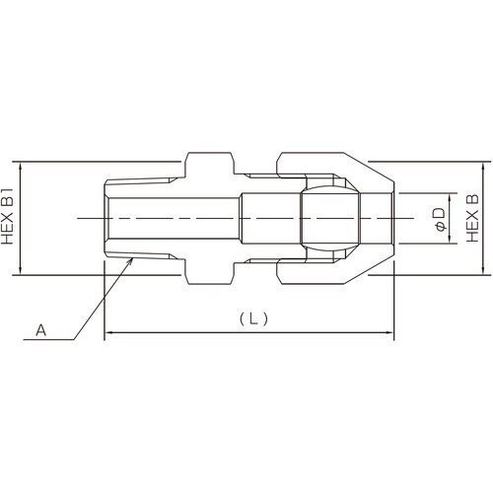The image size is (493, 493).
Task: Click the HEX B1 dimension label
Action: (7, 216)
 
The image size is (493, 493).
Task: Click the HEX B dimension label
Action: (472, 218)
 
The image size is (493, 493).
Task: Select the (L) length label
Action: (253, 318)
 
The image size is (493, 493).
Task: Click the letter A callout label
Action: (40, 329)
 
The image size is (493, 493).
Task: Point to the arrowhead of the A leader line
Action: (130, 261)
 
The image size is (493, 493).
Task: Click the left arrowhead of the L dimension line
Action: (108, 332)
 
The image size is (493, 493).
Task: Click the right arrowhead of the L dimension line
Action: (388, 332)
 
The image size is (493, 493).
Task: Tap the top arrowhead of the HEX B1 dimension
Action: (21, 167)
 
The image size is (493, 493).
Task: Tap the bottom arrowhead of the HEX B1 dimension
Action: (21, 270)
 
